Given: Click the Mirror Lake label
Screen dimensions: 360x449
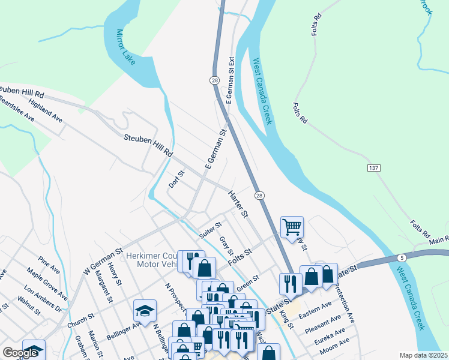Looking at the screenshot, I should pyautogui.click(x=126, y=47).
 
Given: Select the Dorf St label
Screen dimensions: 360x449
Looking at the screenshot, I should pyautogui.click(x=176, y=179).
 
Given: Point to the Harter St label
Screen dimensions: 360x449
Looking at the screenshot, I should pyautogui.click(x=238, y=204).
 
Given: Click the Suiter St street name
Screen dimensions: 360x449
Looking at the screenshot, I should pyautogui.click(x=211, y=230).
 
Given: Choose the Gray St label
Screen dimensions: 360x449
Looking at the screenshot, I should pyautogui.click(x=226, y=245).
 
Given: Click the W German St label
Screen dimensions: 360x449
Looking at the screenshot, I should pyautogui.click(x=102, y=262).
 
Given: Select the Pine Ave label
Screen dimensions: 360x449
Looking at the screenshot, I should pyautogui.click(x=49, y=266).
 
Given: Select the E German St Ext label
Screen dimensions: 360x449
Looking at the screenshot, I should pyautogui.click(x=229, y=80).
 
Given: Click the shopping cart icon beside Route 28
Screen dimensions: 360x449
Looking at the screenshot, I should pyautogui.click(x=292, y=227).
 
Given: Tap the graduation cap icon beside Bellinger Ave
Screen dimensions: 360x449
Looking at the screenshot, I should pyautogui.click(x=145, y=310).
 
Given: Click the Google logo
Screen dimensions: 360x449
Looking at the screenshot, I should pyautogui.click(x=20, y=353).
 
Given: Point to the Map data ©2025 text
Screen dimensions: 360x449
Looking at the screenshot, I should pyautogui.click(x=423, y=355).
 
